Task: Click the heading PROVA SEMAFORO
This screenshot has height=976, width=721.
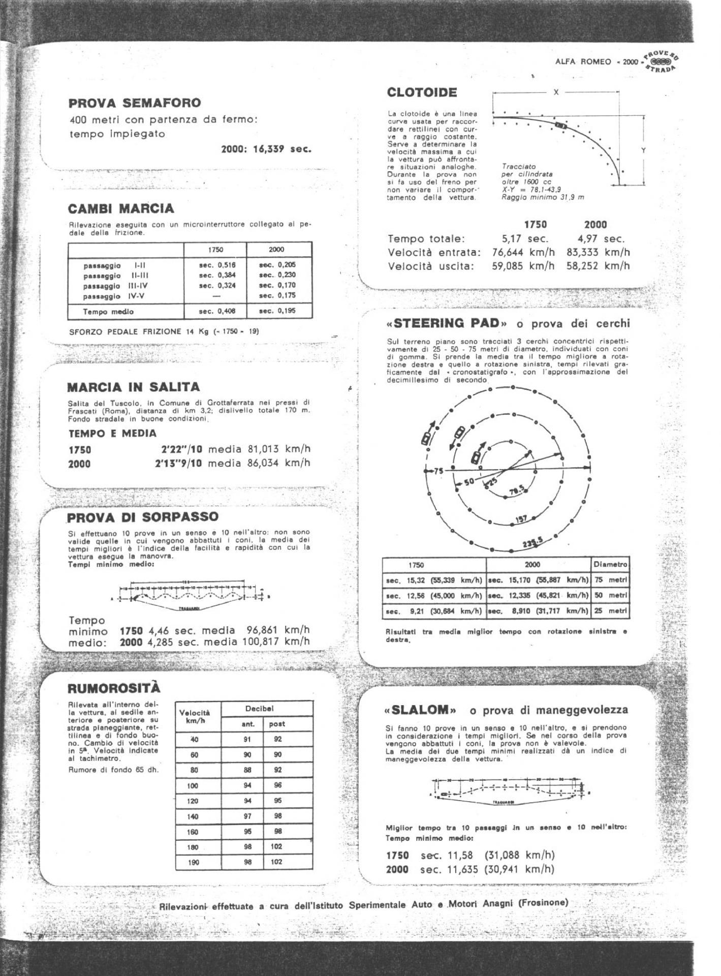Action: (x=134, y=103)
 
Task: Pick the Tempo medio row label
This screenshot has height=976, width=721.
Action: (x=108, y=312)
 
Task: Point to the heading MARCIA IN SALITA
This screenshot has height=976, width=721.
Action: (x=134, y=387)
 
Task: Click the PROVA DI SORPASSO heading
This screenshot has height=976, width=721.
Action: (x=143, y=517)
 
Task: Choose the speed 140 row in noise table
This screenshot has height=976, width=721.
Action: (x=194, y=816)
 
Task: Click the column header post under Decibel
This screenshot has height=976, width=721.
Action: (x=277, y=724)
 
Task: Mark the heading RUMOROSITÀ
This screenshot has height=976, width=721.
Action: (x=114, y=688)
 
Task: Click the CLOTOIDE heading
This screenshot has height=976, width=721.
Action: (x=422, y=93)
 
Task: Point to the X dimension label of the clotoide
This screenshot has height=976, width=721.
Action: (x=556, y=92)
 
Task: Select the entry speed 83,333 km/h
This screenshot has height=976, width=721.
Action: (x=598, y=252)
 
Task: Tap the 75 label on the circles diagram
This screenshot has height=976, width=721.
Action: (x=437, y=471)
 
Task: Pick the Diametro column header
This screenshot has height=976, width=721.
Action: (x=610, y=565)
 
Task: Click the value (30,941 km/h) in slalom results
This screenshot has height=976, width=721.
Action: (x=519, y=869)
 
